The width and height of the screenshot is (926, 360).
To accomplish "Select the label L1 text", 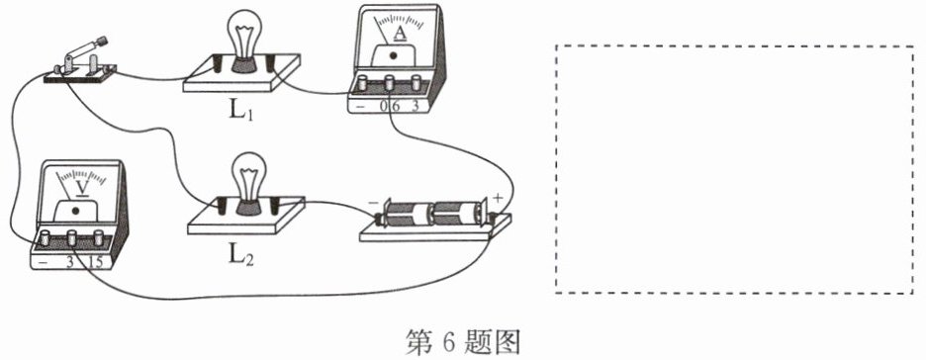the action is [x=241, y=112].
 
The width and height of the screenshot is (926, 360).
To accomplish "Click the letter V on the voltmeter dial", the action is [x=83, y=188].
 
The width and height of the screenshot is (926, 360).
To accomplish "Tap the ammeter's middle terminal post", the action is [x=389, y=84].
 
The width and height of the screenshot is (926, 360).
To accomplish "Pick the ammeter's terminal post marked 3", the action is [x=417, y=83].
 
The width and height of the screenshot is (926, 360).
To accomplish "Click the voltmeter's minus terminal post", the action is [x=45, y=237].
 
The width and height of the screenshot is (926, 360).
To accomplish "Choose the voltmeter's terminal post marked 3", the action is [x=72, y=237].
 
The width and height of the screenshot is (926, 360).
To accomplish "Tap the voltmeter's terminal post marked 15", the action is [x=99, y=237].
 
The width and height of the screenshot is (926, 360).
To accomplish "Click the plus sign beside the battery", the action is [x=497, y=198].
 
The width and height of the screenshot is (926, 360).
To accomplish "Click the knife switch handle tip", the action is [x=103, y=41].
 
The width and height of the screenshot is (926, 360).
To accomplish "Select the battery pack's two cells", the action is [x=432, y=214].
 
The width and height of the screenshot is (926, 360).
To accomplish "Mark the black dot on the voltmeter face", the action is [x=75, y=211].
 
